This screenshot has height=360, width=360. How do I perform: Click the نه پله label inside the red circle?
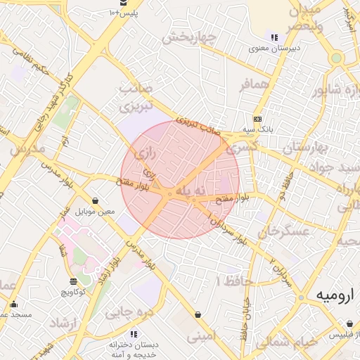[x=193, y=191]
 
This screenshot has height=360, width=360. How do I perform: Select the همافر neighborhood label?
[x=255, y=85]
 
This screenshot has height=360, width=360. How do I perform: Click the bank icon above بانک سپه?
[x=257, y=119]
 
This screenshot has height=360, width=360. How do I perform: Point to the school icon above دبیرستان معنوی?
[x=274, y=37]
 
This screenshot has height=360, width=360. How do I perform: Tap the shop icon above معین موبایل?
[x=95, y=200]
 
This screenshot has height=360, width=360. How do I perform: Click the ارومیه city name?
[x=329, y=293]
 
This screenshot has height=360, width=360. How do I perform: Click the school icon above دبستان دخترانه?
[x=134, y=334]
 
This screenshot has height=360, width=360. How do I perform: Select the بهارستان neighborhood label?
[x=305, y=148]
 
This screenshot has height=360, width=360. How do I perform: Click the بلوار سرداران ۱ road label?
[x=226, y=229]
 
